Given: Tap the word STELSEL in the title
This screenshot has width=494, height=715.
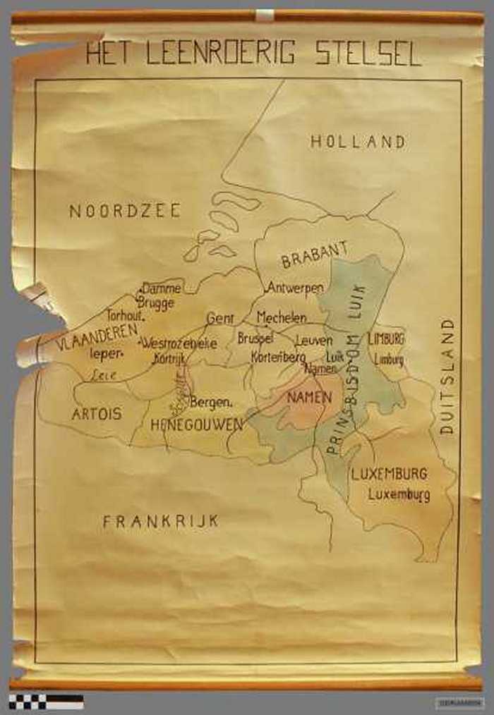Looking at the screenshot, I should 368,54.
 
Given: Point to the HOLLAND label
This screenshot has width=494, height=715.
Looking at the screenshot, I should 358,142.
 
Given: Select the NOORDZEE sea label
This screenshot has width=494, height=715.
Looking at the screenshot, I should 125,211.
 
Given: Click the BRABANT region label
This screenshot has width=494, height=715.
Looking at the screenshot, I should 315,255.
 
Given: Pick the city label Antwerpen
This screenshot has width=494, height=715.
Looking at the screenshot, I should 295,288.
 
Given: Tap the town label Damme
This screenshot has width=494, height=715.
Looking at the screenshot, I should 162,288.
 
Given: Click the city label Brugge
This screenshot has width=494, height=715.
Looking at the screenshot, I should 155,302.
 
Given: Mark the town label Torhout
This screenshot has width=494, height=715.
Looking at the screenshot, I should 126,317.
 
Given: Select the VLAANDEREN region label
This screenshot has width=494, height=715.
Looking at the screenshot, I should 97,339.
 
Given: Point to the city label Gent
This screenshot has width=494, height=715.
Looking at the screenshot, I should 220,319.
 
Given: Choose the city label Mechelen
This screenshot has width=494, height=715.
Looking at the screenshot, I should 282,317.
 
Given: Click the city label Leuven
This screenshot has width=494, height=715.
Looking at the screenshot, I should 314,341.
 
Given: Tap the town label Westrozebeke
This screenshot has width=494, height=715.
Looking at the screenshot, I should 179,343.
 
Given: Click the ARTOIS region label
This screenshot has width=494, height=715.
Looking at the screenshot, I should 97,414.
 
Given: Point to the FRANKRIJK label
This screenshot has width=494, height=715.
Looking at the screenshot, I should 160,521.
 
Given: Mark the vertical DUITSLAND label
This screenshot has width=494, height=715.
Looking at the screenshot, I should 447,376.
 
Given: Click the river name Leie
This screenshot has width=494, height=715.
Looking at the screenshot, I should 104,376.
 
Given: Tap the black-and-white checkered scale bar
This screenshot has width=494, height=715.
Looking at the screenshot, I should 46,702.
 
